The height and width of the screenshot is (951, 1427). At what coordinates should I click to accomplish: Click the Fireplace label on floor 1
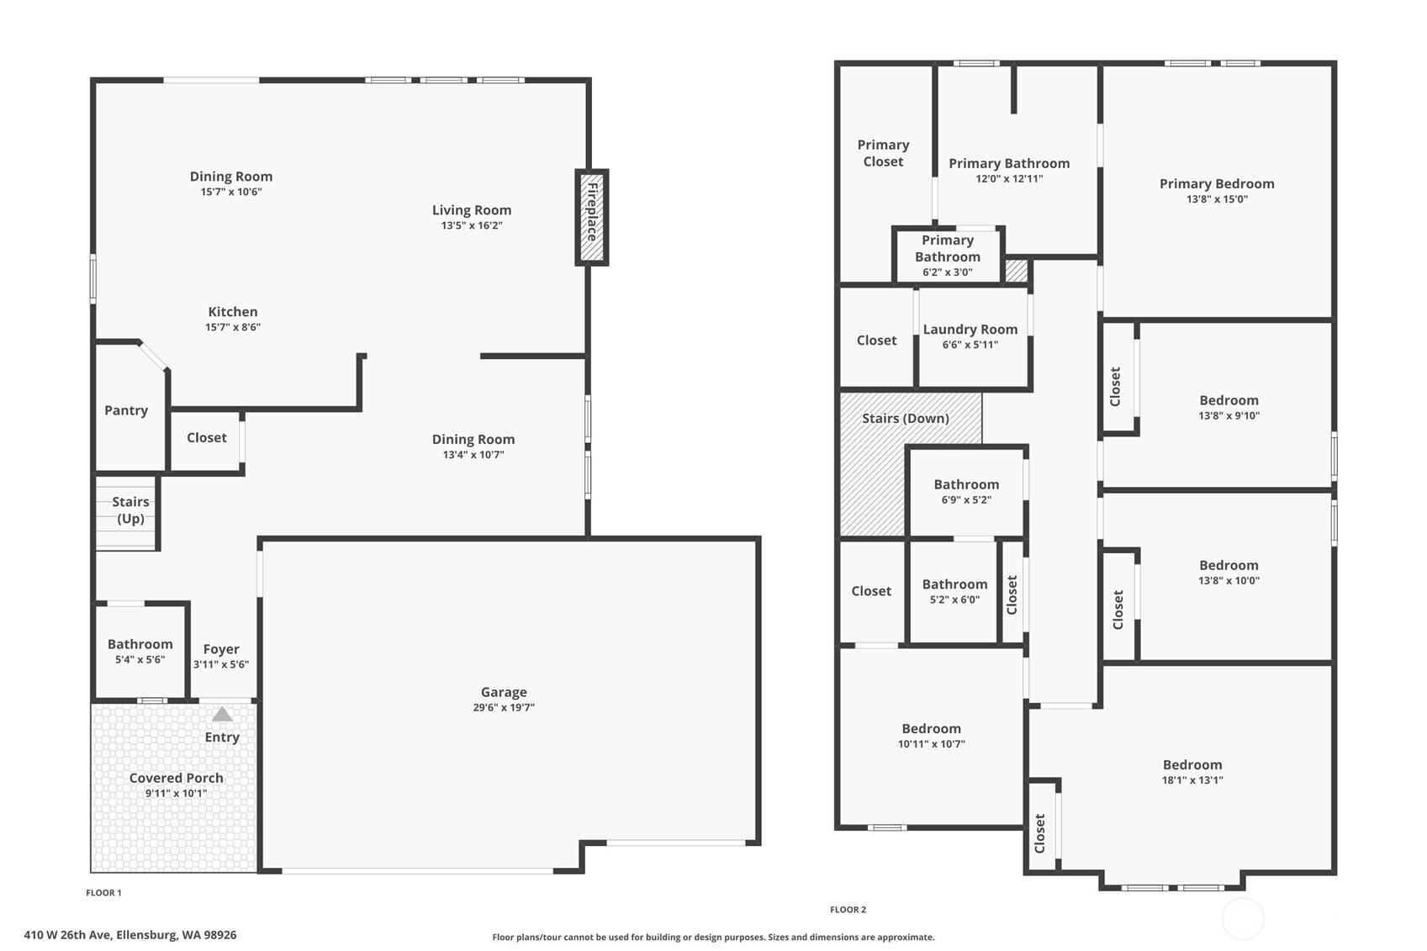pyautogui.click(x=592, y=212)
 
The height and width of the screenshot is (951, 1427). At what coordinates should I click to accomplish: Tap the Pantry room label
pyautogui.click(x=126, y=410)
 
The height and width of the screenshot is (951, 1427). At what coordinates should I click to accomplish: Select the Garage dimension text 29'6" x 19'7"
pyautogui.click(x=504, y=707)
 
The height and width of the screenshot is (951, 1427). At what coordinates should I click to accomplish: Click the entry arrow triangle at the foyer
pyautogui.click(x=222, y=715)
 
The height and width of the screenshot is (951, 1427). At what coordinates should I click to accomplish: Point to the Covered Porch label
pyautogui.click(x=176, y=778)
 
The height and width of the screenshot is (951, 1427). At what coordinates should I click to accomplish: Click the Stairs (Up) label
pyautogui.click(x=130, y=510)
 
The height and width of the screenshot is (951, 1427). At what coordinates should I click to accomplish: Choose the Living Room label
pyautogui.click(x=472, y=210)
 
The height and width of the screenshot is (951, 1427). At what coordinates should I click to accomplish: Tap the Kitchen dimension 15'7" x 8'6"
pyautogui.click(x=233, y=327)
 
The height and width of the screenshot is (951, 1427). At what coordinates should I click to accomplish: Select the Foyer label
pyautogui.click(x=221, y=649)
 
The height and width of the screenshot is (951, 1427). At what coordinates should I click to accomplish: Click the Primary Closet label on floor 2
pyautogui.click(x=883, y=153)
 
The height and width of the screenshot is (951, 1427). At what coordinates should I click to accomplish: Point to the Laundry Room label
pyautogui.click(x=970, y=330)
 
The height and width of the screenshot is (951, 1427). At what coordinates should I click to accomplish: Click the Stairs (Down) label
pyautogui.click(x=905, y=418)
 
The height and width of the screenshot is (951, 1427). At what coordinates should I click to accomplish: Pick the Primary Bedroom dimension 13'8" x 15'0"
pyautogui.click(x=1217, y=199)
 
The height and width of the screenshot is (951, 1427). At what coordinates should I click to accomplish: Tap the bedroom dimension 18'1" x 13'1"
pyautogui.click(x=1192, y=779)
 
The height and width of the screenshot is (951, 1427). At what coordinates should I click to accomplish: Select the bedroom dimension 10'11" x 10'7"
pyautogui.click(x=931, y=743)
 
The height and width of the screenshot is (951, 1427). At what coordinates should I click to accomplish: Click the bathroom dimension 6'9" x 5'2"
pyautogui.click(x=966, y=499)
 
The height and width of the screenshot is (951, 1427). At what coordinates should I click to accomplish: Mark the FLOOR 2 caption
pyautogui.click(x=848, y=909)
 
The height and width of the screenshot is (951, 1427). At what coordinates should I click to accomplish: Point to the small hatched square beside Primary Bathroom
pyautogui.click(x=1017, y=271)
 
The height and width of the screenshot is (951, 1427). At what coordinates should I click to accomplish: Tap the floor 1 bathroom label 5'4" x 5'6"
pyautogui.click(x=140, y=659)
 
